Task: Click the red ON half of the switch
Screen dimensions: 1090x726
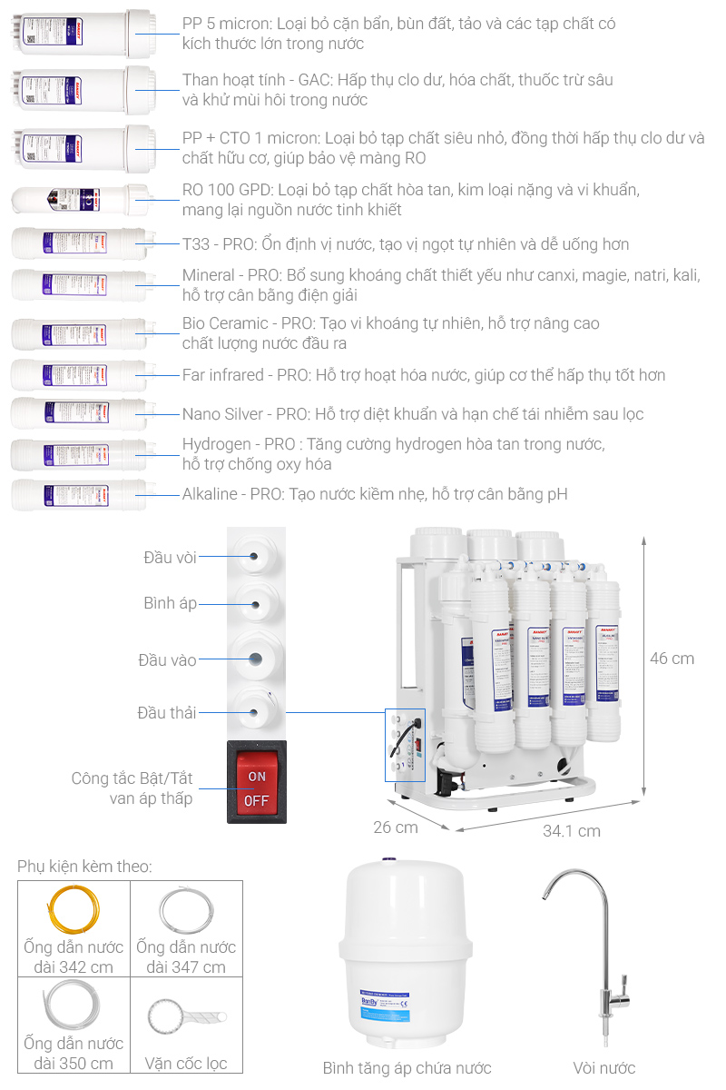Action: click(257, 777)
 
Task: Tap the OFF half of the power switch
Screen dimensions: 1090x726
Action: click(257, 801)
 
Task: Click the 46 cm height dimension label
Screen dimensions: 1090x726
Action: click(672, 659)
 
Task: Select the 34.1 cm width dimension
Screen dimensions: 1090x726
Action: click(572, 830)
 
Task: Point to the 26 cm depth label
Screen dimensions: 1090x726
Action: click(396, 827)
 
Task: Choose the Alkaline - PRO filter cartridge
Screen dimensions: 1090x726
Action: click(78, 495)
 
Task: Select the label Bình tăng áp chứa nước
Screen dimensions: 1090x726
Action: click(407, 1068)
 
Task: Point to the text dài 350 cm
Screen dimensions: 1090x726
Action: click(74, 1064)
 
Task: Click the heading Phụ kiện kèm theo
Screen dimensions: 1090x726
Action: click(84, 867)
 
